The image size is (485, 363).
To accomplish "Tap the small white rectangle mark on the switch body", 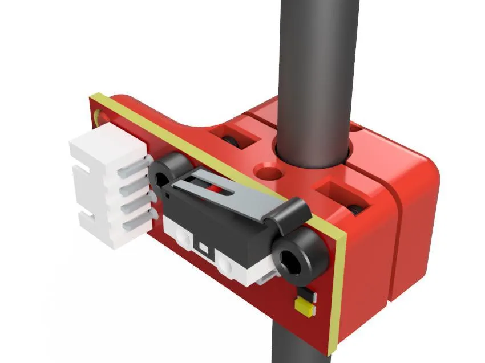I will point(203,248).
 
